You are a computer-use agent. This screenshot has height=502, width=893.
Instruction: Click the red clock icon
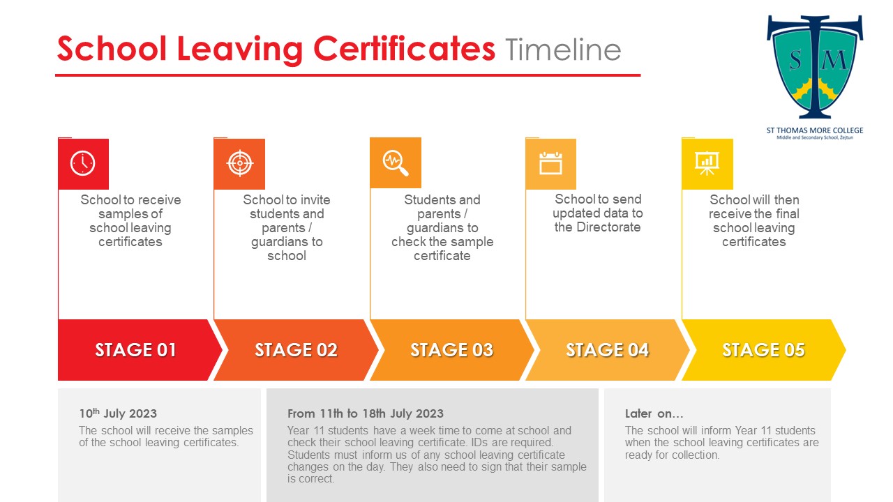pyautogui.click(x=83, y=164)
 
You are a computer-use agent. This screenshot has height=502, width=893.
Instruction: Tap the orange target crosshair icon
pyautogui.click(x=239, y=164)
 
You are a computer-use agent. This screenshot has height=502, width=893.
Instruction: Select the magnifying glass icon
pyautogui.click(x=396, y=163)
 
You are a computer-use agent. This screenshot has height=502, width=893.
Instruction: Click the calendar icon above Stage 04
pyautogui.click(x=550, y=164)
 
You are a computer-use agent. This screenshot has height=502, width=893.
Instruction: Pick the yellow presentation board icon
pyautogui.click(x=707, y=164)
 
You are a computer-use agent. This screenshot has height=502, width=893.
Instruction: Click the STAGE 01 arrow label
pyautogui.click(x=136, y=350)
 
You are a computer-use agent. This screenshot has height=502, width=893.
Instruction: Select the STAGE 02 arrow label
pyautogui.click(x=296, y=350)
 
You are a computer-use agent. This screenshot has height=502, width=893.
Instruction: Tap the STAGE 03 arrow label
pyautogui.click(x=451, y=350)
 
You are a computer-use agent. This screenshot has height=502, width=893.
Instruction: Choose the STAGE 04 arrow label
pyautogui.click(x=607, y=350)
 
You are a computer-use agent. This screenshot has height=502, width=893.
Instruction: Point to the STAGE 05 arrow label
pyautogui.click(x=763, y=350)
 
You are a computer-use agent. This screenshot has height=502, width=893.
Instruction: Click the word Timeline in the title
pyautogui.click(x=563, y=50)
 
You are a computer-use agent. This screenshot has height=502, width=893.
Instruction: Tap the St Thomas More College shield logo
pyautogui.click(x=815, y=67)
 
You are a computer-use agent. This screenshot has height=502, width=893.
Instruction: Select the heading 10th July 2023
pyautogui.click(x=118, y=413)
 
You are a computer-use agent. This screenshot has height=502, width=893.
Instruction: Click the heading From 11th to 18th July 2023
pyautogui.click(x=366, y=413)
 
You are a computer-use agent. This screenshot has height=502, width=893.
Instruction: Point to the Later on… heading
pyautogui.click(x=654, y=413)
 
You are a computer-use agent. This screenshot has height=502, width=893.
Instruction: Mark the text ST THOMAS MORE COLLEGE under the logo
pyautogui.click(x=815, y=130)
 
